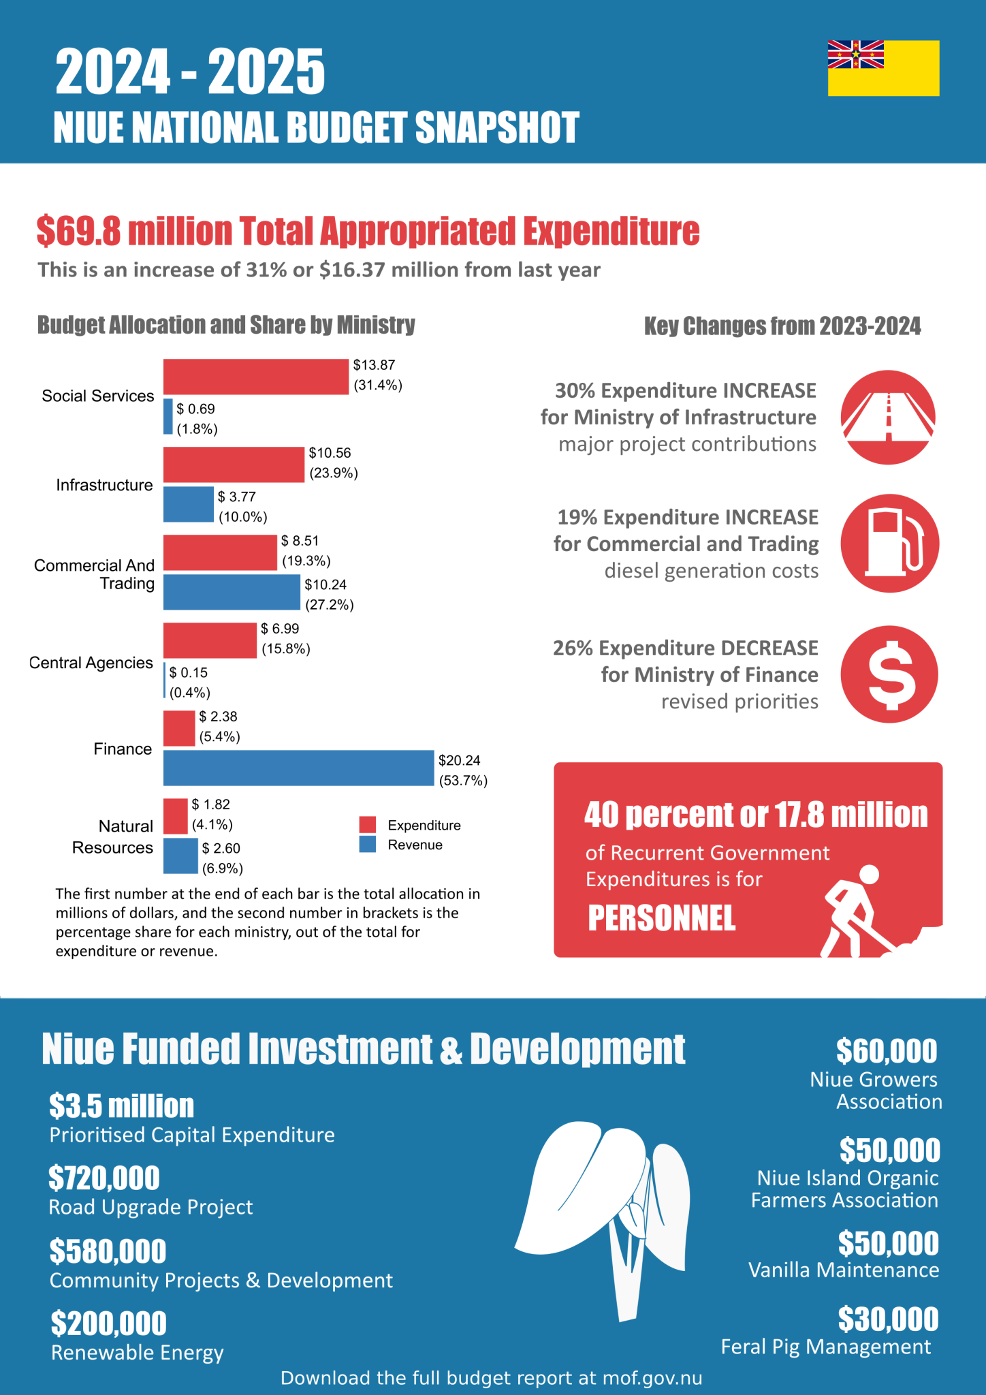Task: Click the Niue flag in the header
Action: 883,68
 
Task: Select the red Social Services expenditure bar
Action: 256,377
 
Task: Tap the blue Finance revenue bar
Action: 298,768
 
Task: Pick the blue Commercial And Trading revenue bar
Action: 232,592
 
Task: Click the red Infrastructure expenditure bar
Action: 234,465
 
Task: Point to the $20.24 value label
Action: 460,760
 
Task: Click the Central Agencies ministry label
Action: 91,663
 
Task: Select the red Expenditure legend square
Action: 368,824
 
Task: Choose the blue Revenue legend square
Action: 368,845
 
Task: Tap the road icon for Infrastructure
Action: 888,418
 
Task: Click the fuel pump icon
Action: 889,544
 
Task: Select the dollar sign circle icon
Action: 889,674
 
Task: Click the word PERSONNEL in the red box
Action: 662,918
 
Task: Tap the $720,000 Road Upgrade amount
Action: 104,1178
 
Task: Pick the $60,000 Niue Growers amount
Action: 887,1051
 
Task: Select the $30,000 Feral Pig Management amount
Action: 888,1319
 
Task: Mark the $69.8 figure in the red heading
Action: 79,231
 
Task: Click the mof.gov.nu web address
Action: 652,1378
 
